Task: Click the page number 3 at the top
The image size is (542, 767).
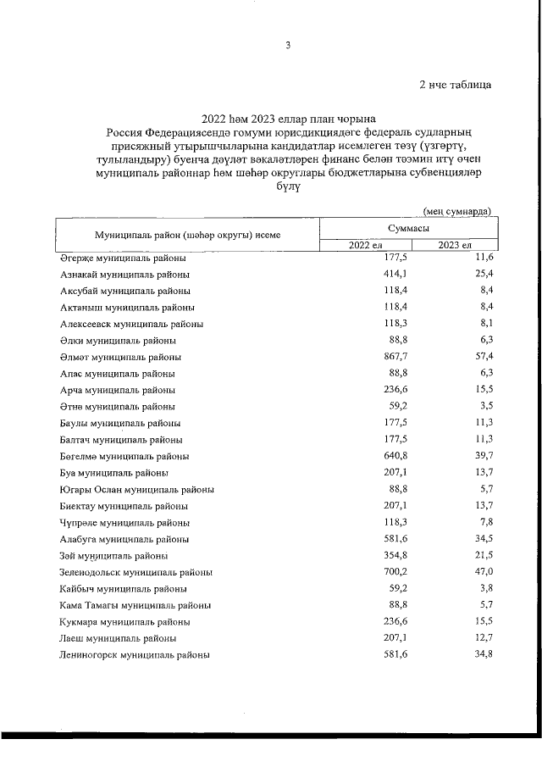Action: (x=287, y=46)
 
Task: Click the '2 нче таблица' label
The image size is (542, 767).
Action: (x=455, y=84)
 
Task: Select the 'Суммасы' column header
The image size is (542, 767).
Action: (x=408, y=229)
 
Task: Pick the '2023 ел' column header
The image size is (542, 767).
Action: (x=455, y=246)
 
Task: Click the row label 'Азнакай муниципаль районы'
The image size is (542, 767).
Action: (x=124, y=275)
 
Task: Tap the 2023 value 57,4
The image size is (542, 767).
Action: (x=482, y=357)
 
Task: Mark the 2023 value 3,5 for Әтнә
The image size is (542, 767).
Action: (x=485, y=406)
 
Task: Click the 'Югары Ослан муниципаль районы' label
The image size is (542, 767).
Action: (x=136, y=489)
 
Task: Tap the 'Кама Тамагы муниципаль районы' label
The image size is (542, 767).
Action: (x=135, y=604)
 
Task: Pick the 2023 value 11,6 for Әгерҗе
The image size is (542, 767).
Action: (x=482, y=258)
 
